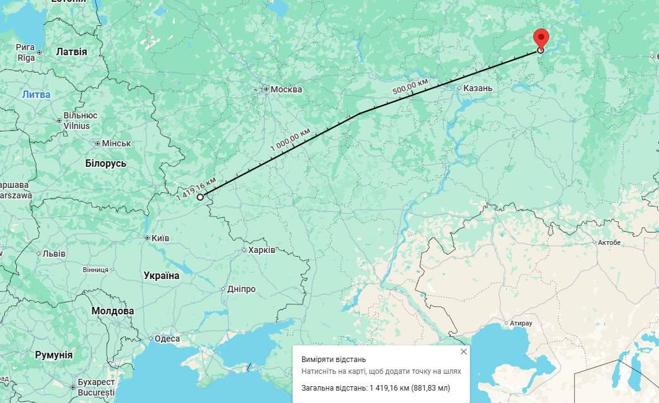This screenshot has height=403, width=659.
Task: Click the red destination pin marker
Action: point(541,38)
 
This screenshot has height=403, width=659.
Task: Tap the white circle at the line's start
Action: point(200,197)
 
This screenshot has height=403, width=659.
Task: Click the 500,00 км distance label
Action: point(410,86)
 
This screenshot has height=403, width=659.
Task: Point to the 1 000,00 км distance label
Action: point(291,140)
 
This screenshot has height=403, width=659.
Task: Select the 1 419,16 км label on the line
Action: point(197,188)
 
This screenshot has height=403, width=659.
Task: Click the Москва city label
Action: point(286,89)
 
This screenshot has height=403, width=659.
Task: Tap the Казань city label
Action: point(478,88)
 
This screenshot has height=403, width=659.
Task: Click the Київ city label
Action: point(160,238)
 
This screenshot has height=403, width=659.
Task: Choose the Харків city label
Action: point(261,250)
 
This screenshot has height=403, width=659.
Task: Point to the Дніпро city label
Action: point(241,289)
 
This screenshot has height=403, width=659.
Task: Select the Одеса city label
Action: point(167,339)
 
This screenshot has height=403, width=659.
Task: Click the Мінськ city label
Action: point(116,143)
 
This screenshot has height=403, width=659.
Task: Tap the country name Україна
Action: point(161,275)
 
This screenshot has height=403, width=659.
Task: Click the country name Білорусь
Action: point(105,164)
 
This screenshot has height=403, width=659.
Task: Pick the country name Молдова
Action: point(112,311)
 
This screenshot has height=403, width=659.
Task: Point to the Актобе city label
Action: point(609,242)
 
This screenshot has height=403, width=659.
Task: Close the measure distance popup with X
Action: point(463,352)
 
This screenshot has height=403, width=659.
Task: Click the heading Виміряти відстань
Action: point(334,359)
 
